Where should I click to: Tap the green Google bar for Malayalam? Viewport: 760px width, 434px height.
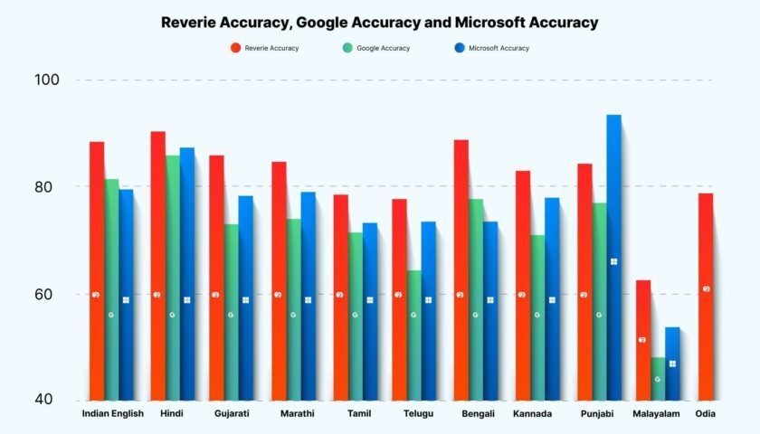(657, 380)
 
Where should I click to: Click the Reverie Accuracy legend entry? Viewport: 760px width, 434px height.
(264, 48)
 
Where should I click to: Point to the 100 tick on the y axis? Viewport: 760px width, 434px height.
(47, 80)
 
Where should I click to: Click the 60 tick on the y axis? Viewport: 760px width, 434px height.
(47, 295)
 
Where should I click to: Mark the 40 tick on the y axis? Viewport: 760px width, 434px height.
(47, 401)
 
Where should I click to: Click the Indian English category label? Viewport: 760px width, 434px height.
(112, 414)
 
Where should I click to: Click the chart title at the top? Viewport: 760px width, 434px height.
(380, 22)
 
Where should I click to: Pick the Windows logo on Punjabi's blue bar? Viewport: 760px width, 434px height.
(613, 261)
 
